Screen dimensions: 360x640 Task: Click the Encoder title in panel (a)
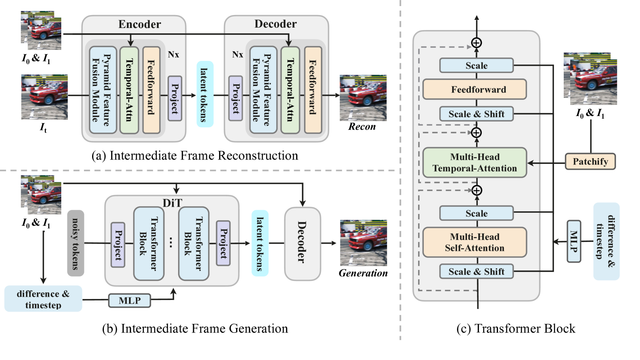pyautogui.click(x=140, y=24)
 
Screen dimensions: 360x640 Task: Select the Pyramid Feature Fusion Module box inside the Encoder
pyautogui.click(x=103, y=90)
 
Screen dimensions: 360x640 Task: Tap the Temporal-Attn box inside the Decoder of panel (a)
pyautogui.click(x=290, y=90)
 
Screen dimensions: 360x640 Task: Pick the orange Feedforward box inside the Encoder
pyautogui.click(x=151, y=90)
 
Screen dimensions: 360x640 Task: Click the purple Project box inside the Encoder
pyautogui.click(x=175, y=99)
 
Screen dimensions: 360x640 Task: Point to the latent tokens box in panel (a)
pyautogui.click(x=205, y=94)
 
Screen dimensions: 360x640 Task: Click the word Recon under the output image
pyautogui.click(x=362, y=127)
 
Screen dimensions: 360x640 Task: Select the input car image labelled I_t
pyautogui.click(x=44, y=97)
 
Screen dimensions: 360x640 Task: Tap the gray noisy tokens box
pyautogui.click(x=75, y=243)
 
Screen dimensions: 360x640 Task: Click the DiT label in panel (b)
pyautogui.click(x=172, y=203)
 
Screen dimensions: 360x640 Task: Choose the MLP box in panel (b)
pyautogui.click(x=130, y=301)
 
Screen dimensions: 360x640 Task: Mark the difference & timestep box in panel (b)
pyautogui.click(x=43, y=299)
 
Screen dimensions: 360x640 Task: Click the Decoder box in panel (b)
pyautogui.click(x=302, y=244)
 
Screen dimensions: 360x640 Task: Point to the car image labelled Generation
pyautogui.click(x=363, y=243)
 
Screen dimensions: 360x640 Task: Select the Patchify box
pyautogui.click(x=590, y=161)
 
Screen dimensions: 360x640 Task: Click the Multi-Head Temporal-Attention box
pyautogui.click(x=475, y=163)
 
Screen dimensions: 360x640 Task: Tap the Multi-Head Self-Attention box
pyautogui.click(x=475, y=242)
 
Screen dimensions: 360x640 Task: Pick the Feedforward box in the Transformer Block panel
pyautogui.click(x=475, y=90)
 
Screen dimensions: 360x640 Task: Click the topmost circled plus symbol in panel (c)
pyautogui.click(x=477, y=43)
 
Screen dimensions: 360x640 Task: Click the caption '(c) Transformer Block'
pyautogui.click(x=515, y=328)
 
